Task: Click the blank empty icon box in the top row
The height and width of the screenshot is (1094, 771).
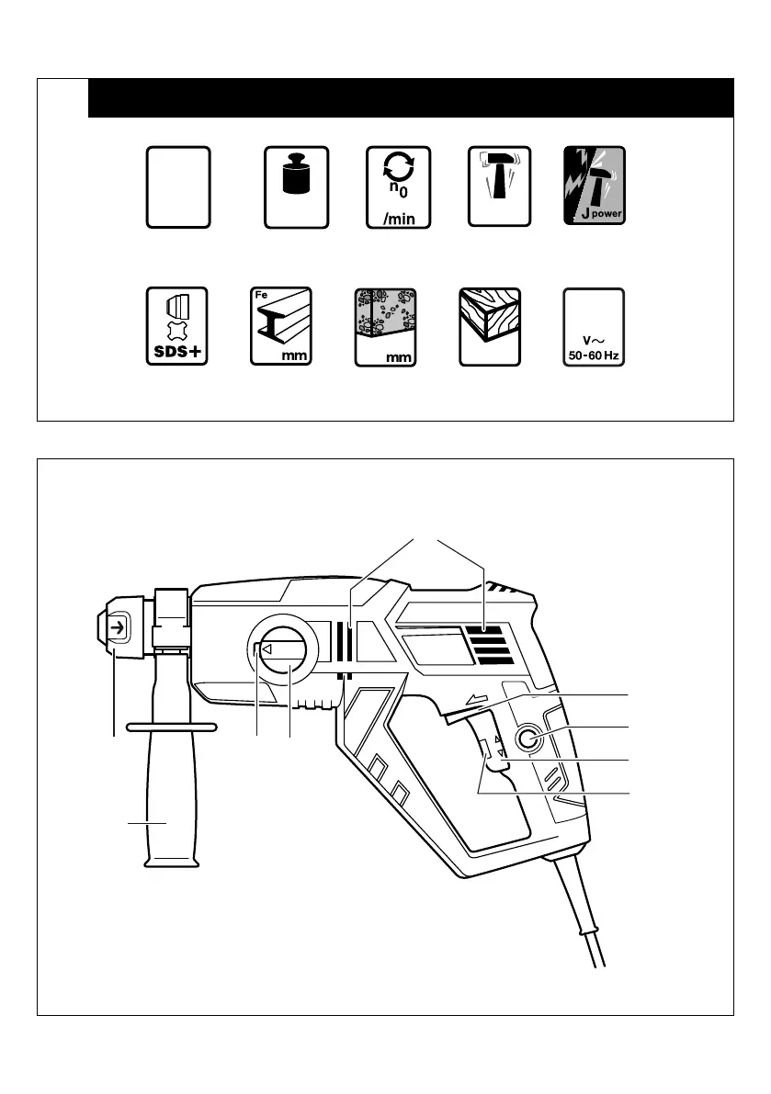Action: pyautogui.click(x=178, y=186)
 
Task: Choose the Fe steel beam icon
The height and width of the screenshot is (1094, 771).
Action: pyautogui.click(x=281, y=327)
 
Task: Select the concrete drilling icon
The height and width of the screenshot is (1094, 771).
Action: pyautogui.click(x=386, y=327)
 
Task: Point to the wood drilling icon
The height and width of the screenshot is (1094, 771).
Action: pyautogui.click(x=490, y=327)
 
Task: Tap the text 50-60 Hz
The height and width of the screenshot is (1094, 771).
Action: pyautogui.click(x=593, y=355)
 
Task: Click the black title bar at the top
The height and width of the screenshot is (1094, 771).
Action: pyautogui.click(x=410, y=98)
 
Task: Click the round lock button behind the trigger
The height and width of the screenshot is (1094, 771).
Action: pyautogui.click(x=527, y=737)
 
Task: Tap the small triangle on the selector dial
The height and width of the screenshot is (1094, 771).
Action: pyautogui.click(x=266, y=649)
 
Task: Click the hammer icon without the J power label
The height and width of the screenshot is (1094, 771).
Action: pyautogui.click(x=499, y=186)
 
